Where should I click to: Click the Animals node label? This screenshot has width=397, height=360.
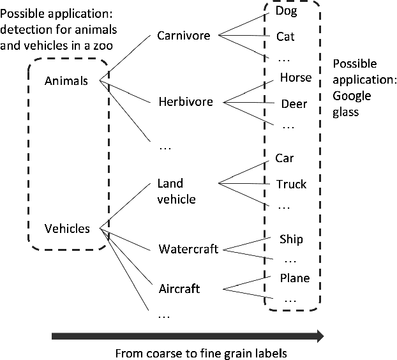pos(66,81)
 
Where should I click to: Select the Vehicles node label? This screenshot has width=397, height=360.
pos(67,228)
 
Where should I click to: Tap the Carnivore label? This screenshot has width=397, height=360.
pos(183,36)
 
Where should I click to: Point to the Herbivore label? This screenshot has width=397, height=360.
pos(186,101)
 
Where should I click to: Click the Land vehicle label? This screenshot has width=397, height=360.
pos(176,191)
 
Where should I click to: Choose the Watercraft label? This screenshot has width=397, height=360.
pos(188,248)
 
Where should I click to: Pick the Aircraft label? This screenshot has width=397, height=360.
pos(179,289)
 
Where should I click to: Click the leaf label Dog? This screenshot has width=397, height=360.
pos(287,11)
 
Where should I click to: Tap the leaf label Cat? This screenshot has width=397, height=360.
pos(285,36)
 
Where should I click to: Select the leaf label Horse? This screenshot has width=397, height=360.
pos(296,78)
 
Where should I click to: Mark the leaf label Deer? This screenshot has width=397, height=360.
pos(294,104)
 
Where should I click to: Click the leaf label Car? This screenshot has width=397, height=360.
pos(285,158)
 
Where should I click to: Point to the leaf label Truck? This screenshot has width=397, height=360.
pos(291,184)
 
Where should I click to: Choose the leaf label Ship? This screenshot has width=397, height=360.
pos(291,239)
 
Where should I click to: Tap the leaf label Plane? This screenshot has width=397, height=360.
pos(294,278)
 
